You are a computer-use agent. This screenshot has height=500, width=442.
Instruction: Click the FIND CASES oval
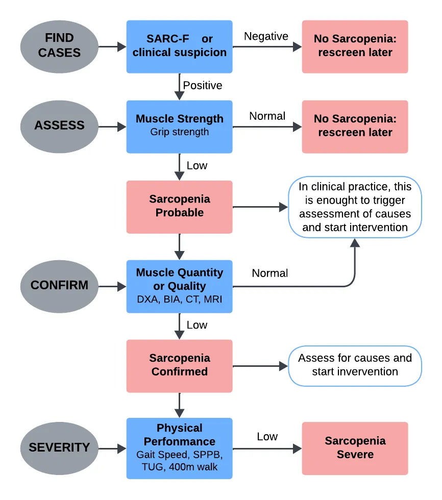tap(59, 46)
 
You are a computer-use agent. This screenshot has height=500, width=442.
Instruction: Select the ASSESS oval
tap(59, 126)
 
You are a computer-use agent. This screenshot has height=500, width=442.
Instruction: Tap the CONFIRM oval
tap(59, 285)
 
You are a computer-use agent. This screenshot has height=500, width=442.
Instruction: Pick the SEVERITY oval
tap(59, 447)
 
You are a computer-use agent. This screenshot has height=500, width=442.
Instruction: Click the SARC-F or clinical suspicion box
tap(179, 46)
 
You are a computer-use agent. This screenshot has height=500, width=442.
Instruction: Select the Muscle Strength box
tap(179, 126)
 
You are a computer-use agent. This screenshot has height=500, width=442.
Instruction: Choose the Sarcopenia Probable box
tap(179, 206)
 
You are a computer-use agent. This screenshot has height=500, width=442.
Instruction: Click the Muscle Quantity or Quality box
tap(179, 286)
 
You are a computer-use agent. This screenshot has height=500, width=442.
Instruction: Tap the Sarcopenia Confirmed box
tap(179, 365)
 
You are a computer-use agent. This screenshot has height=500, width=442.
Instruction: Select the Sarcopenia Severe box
tap(355, 448)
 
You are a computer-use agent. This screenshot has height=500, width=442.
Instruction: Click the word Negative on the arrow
tap(266, 36)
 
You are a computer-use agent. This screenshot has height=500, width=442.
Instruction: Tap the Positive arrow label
tap(203, 85)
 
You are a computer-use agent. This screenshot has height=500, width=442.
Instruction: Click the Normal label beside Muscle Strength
tap(267, 116)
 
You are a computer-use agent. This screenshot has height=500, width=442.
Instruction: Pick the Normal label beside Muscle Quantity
tap(270, 273)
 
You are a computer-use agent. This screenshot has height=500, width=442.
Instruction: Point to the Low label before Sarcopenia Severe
tap(267, 437)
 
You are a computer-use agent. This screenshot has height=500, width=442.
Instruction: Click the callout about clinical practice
tap(355, 207)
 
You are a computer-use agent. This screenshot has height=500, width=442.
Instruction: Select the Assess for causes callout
tap(355, 365)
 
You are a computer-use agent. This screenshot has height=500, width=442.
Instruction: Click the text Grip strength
tap(179, 132)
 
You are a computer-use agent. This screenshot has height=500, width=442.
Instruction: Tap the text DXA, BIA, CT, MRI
tap(179, 299)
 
